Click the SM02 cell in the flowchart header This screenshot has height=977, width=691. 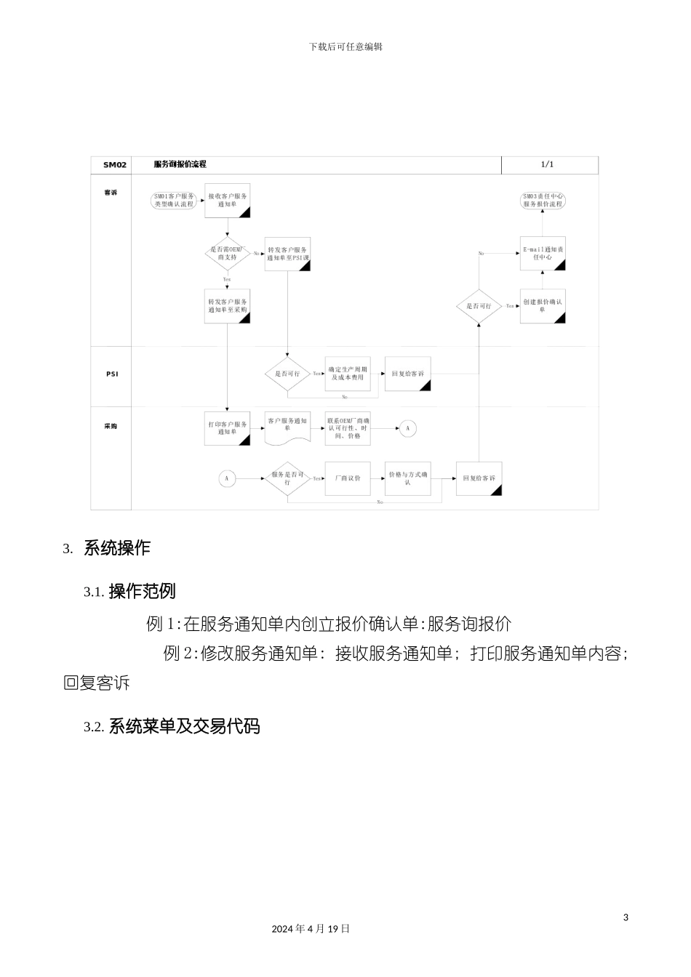point(114,165)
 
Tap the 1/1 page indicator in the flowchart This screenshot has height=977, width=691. point(547,164)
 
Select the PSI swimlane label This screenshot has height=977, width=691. point(112,374)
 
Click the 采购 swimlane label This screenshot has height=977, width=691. point(111,426)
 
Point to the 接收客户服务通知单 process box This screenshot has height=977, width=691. point(228,201)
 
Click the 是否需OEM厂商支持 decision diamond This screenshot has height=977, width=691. point(227,254)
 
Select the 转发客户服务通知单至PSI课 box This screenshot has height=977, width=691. point(287,254)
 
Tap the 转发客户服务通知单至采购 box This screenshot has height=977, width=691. point(228,306)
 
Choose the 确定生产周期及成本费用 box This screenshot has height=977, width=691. point(348,374)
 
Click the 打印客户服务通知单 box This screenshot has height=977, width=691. point(228,428)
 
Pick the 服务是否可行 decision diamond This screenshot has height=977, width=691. point(287,478)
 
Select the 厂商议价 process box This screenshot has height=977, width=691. point(348,478)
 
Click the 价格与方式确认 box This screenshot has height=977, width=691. point(407,478)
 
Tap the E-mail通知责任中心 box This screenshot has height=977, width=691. point(543,254)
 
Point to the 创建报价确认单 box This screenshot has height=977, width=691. point(543,306)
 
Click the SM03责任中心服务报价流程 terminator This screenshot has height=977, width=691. point(543,201)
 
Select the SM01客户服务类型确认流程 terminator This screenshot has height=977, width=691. point(173,201)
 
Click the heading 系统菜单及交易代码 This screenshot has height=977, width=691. point(184,726)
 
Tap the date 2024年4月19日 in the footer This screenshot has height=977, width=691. point(311,929)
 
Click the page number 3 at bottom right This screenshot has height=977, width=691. point(626,917)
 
